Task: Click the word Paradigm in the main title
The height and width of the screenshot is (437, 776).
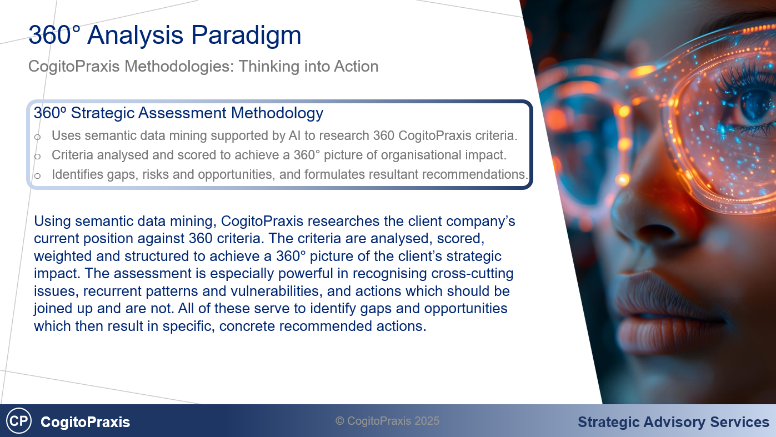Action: tap(246, 36)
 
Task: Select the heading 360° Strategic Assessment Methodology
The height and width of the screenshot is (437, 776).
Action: tap(178, 113)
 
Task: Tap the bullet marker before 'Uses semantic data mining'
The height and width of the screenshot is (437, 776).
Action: tap(37, 137)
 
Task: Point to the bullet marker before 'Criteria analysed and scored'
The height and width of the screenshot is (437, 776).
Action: tap(37, 156)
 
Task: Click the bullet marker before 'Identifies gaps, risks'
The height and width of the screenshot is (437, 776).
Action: tap(37, 175)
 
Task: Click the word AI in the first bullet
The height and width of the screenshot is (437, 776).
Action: tap(294, 135)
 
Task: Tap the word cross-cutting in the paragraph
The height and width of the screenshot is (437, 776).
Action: tap(472, 274)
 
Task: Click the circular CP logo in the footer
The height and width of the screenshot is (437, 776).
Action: tap(19, 421)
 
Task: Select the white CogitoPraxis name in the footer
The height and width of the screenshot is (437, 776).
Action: tap(85, 422)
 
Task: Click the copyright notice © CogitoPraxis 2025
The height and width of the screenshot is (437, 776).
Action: tap(387, 421)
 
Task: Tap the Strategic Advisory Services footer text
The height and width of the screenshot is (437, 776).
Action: tap(673, 422)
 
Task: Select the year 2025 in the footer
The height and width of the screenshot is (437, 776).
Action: tap(427, 421)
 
